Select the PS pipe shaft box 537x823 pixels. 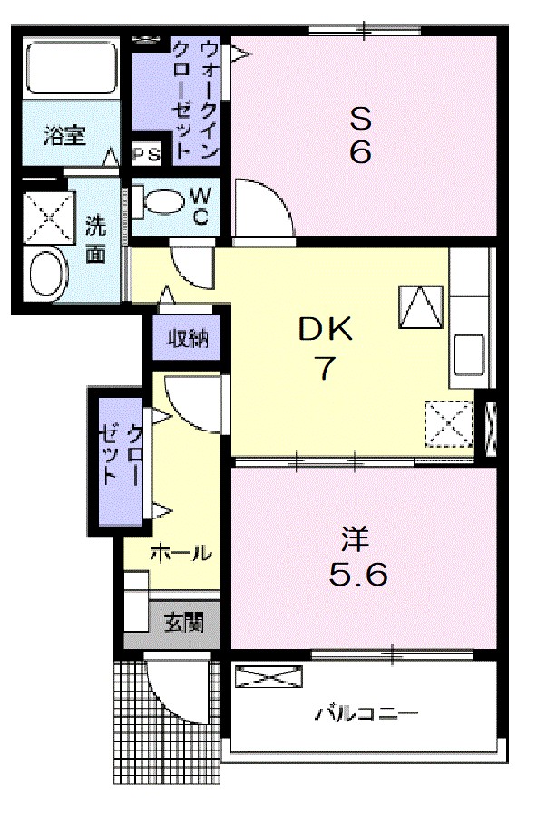[x=147, y=155]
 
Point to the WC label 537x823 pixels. [x=201, y=205]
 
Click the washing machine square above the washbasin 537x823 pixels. [x=46, y=217]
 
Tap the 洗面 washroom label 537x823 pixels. [x=95, y=238]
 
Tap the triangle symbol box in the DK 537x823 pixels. [x=420, y=306]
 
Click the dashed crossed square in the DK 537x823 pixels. [x=449, y=422]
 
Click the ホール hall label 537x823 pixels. [x=181, y=552]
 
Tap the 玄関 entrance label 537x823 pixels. [x=182, y=624]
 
